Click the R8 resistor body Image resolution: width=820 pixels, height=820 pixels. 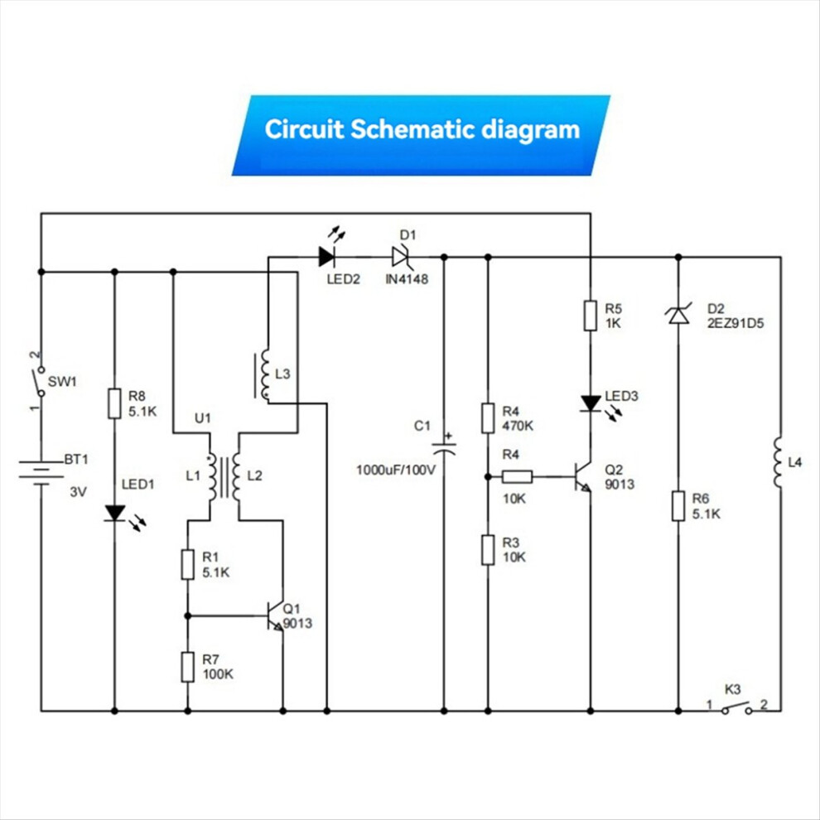pos(114,403)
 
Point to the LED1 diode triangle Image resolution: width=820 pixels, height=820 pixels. pos(114,513)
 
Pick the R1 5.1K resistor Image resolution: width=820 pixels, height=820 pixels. pos(188,563)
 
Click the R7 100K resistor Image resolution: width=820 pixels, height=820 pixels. pos(188,666)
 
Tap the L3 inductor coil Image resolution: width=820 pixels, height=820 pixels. pos(264,375)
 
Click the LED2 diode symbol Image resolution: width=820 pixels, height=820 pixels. pos(326,257)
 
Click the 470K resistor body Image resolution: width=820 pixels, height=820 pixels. pos(489,417)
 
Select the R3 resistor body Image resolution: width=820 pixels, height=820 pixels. pos(489,549)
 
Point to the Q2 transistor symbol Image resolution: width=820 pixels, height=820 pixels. pos(583,477)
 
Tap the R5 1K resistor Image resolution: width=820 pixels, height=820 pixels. pos(590,316)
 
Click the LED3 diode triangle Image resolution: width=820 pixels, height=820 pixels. pos(590,403)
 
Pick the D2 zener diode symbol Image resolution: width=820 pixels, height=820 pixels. pos(679,315)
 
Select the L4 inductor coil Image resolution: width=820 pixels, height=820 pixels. pos(779,463)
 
